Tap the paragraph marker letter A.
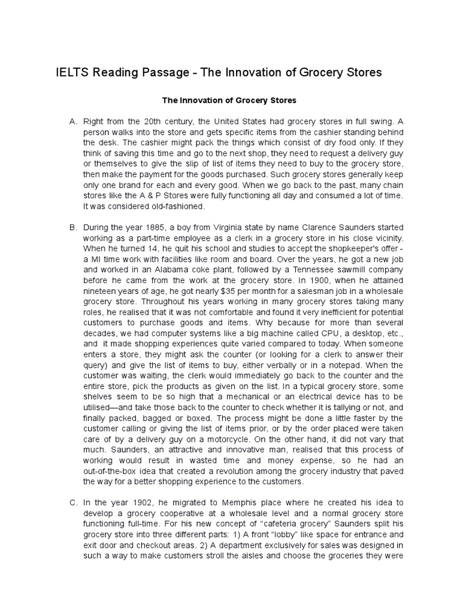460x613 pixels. [73, 122]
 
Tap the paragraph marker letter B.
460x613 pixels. [73, 228]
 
